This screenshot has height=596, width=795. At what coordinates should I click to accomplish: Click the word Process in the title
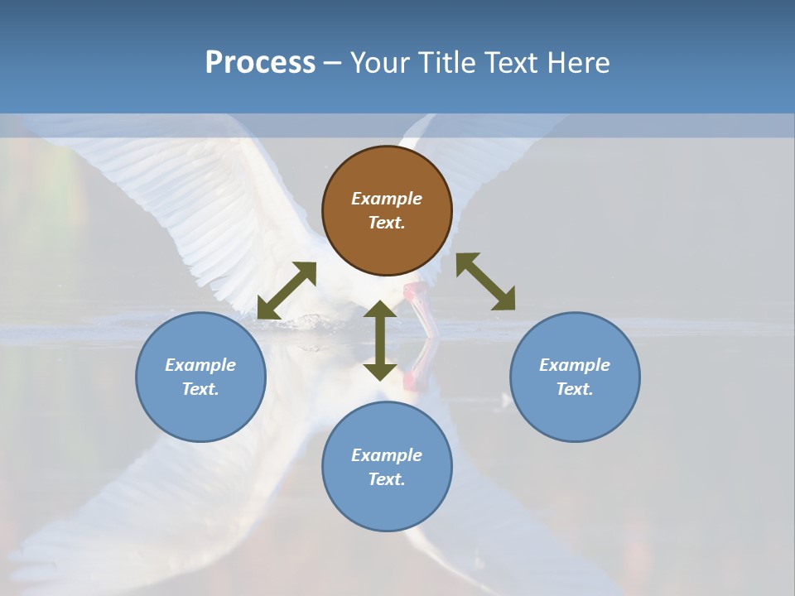260,63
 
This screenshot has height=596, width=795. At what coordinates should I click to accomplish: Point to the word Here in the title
578,63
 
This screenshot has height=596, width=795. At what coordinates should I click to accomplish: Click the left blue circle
200,377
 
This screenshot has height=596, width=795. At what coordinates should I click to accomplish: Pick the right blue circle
574,377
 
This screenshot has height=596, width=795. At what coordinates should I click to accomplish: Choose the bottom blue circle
387,466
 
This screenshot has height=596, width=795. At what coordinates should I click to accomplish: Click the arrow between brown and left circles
287,291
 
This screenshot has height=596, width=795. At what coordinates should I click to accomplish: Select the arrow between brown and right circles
485,281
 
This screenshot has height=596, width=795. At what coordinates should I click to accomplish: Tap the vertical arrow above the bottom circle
380,341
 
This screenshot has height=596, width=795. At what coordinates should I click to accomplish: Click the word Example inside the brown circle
387,199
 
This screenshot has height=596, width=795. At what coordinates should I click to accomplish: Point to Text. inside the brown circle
387,223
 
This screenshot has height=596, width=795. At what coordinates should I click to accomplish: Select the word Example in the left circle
200,365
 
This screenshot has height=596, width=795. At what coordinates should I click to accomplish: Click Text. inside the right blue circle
574,389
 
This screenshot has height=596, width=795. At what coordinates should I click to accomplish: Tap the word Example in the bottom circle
387,455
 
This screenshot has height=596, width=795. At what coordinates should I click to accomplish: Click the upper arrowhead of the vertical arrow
380,310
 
